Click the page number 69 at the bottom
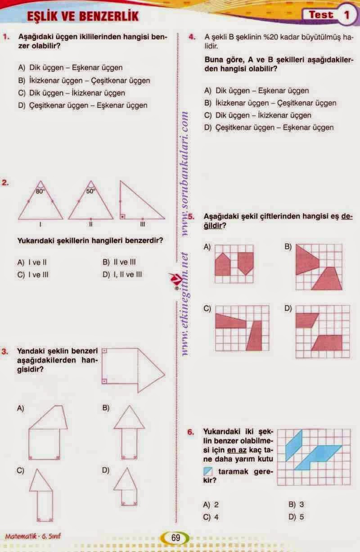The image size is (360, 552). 175,538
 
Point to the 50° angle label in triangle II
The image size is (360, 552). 90,190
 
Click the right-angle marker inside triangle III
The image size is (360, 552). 122,217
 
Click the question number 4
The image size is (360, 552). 191,37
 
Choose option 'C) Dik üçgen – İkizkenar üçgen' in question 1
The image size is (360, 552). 72,93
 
